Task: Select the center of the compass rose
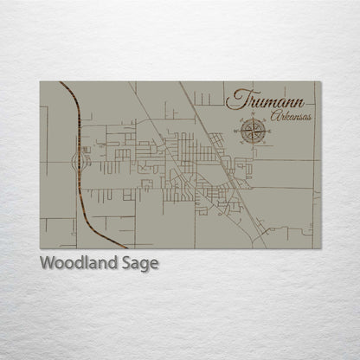coord(253,132)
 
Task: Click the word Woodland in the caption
coord(73,263)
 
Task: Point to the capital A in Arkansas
coord(274,115)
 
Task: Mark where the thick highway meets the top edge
coord(61,82)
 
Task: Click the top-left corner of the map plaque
coord(41,82)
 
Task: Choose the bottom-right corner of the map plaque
coord(320,248)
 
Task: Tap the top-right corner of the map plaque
coord(320,82)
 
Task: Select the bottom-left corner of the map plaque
coord(41,248)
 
